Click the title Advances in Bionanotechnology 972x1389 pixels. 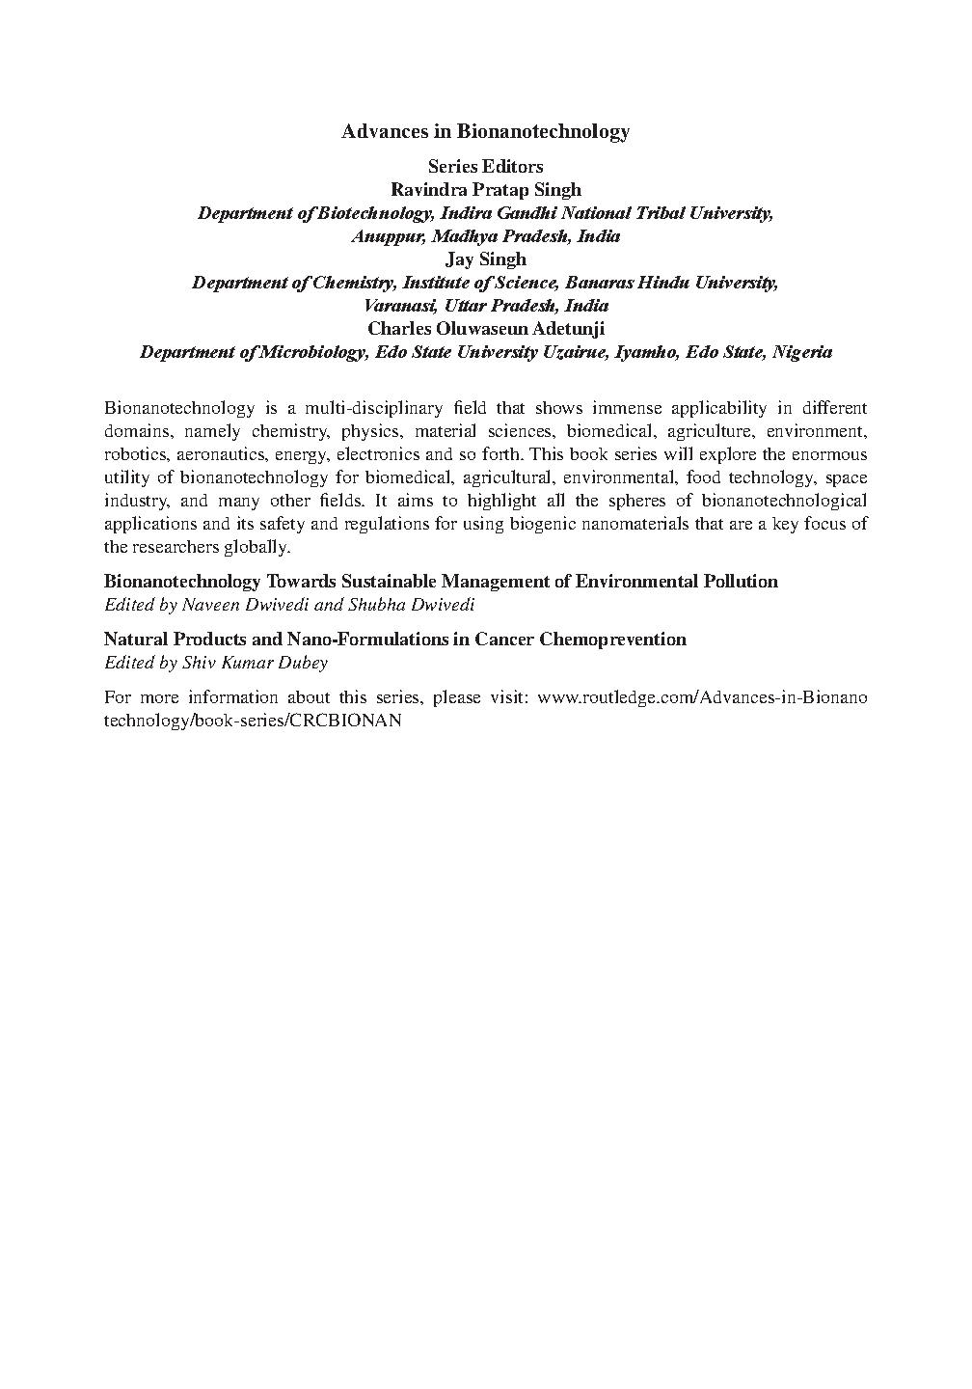click(485, 131)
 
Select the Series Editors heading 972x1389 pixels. click(485, 167)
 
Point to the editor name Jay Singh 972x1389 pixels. click(485, 259)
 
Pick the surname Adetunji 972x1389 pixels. click(561, 329)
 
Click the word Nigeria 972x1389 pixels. click(802, 352)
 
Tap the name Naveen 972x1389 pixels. click(209, 606)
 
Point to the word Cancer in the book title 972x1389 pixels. click(503, 640)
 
